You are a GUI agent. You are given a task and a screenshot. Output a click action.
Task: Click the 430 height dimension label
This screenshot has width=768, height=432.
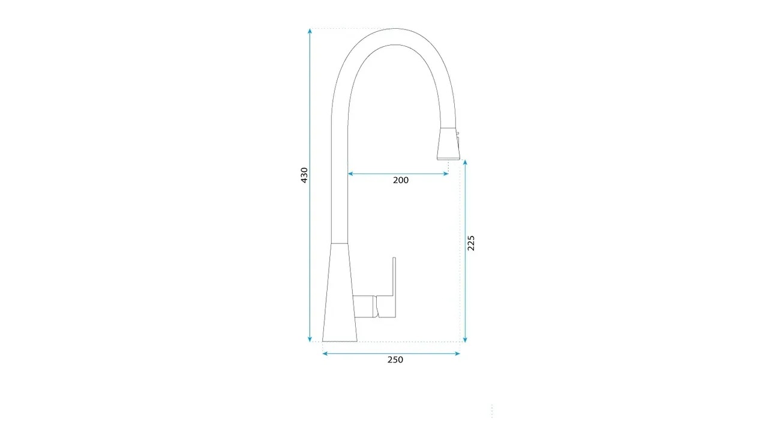click(x=304, y=175)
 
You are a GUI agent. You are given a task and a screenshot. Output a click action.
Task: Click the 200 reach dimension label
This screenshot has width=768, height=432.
click(x=401, y=181)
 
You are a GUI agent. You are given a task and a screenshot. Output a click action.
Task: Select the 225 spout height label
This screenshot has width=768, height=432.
click(x=471, y=243)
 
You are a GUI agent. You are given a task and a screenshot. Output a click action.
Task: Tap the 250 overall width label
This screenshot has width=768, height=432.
click(x=395, y=359)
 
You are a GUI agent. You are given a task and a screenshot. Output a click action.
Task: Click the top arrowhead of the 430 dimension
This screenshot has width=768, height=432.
click(x=310, y=31)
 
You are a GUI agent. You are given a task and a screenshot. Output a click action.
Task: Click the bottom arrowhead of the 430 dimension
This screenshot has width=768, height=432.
click(x=310, y=339)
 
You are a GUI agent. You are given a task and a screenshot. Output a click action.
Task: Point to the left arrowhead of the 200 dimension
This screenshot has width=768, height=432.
click(x=350, y=174)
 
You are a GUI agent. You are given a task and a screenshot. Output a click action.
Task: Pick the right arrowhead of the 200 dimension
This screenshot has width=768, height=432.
click(x=446, y=174)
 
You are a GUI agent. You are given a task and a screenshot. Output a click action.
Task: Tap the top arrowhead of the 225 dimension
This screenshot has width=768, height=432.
click(x=465, y=163)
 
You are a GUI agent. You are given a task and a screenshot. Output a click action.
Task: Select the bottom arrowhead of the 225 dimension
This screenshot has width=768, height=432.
click(x=465, y=339)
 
